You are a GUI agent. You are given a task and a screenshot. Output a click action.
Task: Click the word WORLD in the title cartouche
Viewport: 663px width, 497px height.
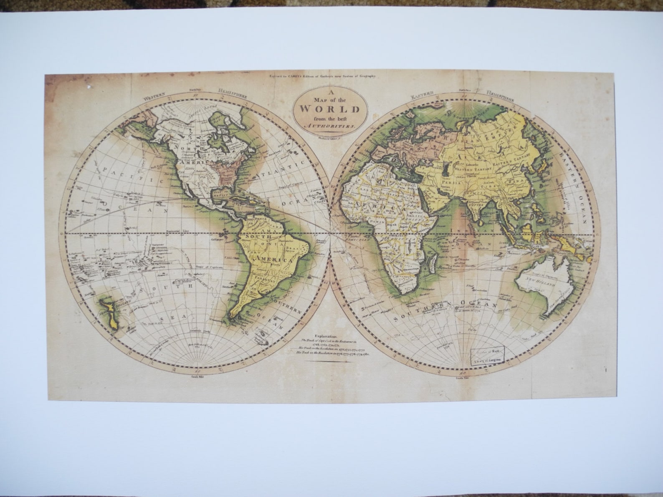tap(329, 110)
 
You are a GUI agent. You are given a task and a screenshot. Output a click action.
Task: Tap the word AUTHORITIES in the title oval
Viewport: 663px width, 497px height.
tap(329, 125)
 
